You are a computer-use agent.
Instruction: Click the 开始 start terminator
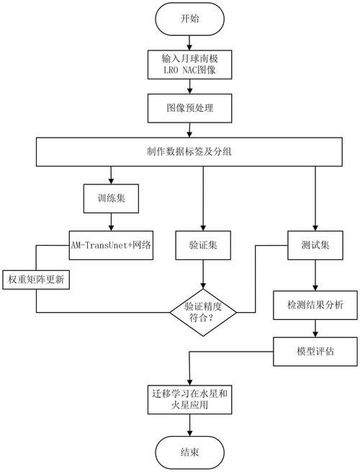[189, 19]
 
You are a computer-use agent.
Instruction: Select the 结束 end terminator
[189, 452]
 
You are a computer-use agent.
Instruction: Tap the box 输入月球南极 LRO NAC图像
[189, 65]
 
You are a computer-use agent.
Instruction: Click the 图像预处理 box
[189, 108]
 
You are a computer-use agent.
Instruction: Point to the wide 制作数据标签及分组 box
[189, 152]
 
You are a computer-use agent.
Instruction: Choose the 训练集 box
[111, 198]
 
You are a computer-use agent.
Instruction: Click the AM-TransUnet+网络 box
[111, 245]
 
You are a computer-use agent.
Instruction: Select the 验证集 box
[203, 245]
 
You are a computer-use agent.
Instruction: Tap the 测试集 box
[315, 245]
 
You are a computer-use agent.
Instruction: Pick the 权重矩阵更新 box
[36, 280]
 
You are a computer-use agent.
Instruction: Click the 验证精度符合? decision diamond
[203, 312]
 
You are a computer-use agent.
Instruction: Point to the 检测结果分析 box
[315, 305]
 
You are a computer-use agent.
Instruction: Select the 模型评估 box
[315, 351]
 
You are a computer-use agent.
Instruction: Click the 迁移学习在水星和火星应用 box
[189, 399]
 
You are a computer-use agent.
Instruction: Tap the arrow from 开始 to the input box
[189, 43]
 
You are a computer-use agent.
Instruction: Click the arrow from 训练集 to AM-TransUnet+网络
[111, 222]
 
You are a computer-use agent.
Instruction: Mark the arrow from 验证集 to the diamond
[203, 275]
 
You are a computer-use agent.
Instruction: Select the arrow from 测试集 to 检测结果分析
[315, 275]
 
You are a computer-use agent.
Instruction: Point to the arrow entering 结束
[189, 425]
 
